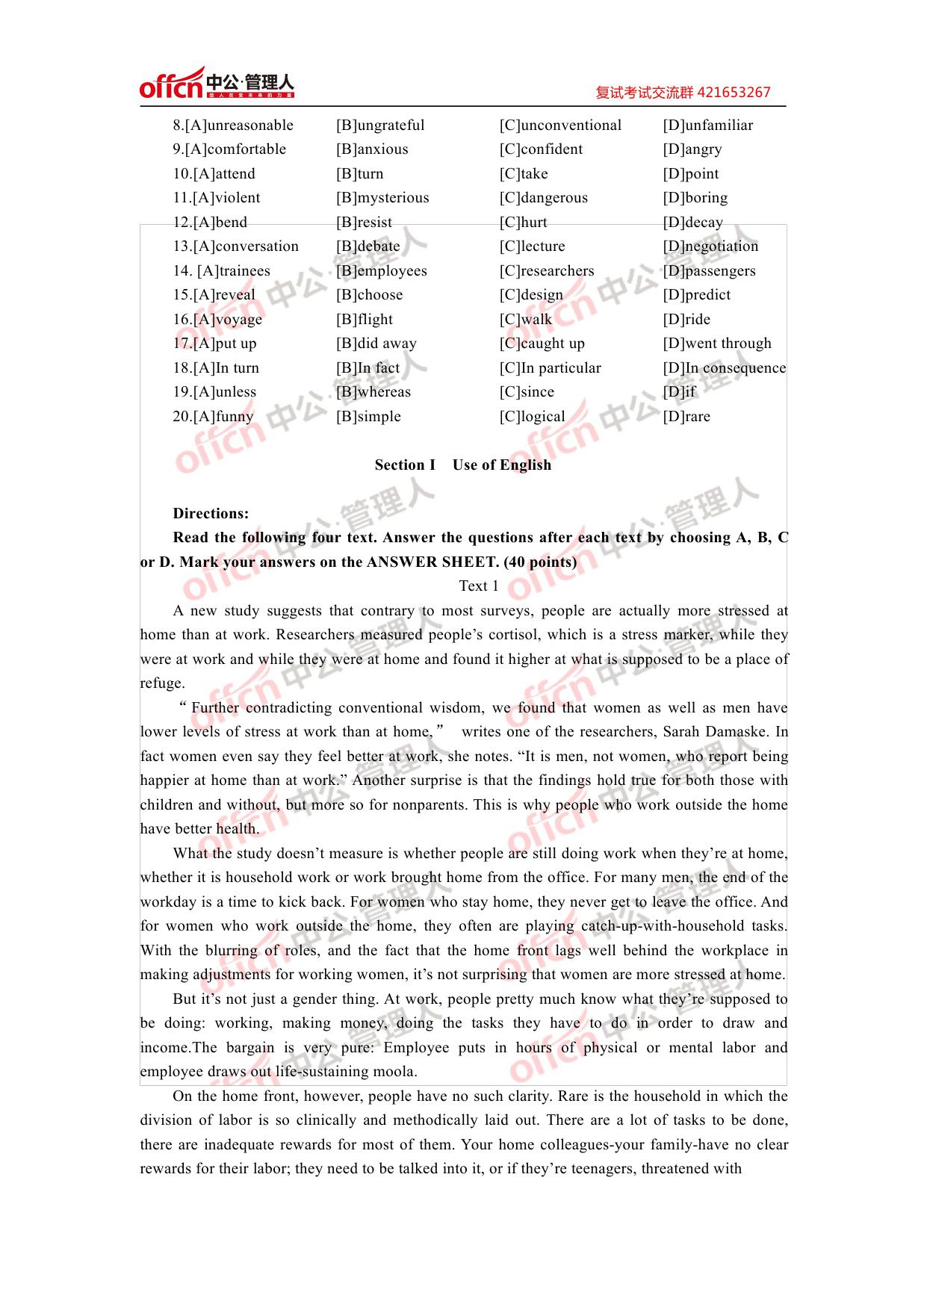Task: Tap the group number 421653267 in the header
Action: pyautogui.click(x=731, y=93)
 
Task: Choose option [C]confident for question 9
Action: pyautogui.click(x=541, y=149)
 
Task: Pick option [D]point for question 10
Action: pyautogui.click(x=690, y=174)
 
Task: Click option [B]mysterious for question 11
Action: pyautogui.click(x=382, y=198)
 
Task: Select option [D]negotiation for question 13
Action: pyautogui.click(x=710, y=246)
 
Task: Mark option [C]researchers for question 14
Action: pyautogui.click(x=547, y=271)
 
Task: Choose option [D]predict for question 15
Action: pyautogui.click(x=696, y=295)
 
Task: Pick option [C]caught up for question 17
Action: pyautogui.click(x=542, y=344)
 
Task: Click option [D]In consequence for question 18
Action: pyautogui.click(x=724, y=368)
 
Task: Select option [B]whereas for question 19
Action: pyautogui.click(x=373, y=392)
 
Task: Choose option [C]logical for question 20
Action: pyautogui.click(x=532, y=417)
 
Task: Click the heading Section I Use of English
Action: pyautogui.click(x=463, y=465)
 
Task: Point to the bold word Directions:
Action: pyautogui.click(x=211, y=514)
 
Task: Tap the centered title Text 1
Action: pyautogui.click(x=479, y=586)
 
